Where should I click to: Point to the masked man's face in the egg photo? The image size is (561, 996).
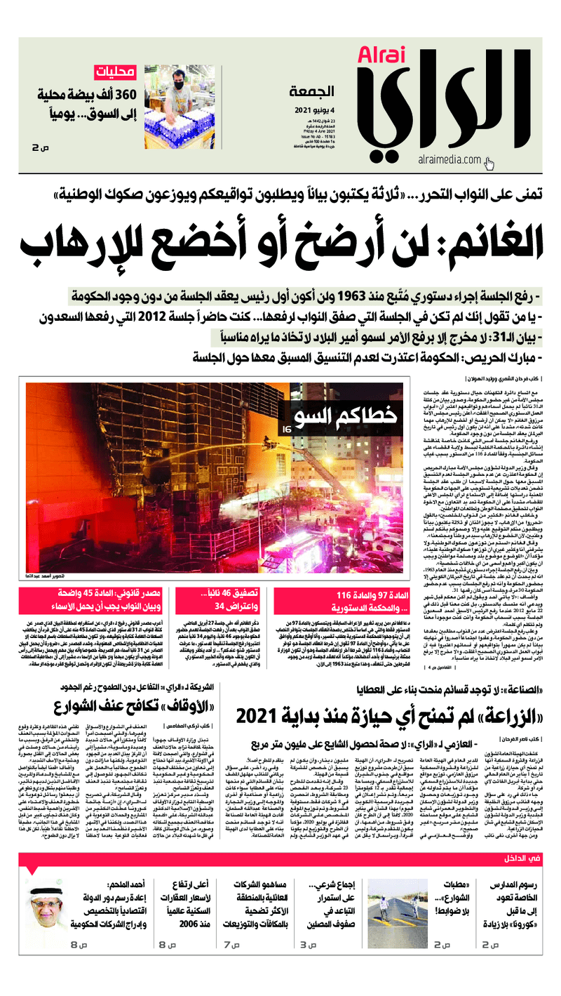click(177, 79)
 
